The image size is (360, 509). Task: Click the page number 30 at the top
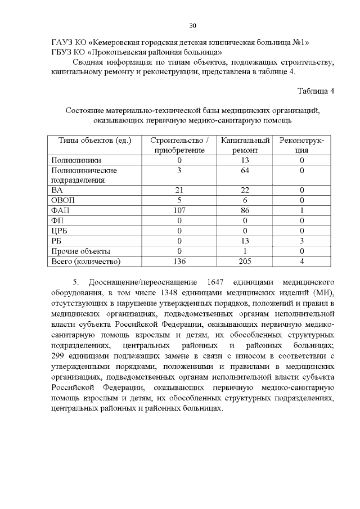pyautogui.click(x=192, y=26)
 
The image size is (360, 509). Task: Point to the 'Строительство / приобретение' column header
pyautogui.click(x=179, y=145)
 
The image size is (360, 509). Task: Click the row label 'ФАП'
pyautogui.click(x=59, y=210)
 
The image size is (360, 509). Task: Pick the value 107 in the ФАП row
pyautogui.click(x=179, y=210)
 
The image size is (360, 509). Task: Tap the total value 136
pyautogui.click(x=179, y=261)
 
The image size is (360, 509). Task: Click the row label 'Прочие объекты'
pyautogui.click(x=80, y=251)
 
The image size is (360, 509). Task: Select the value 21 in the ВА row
pyautogui.click(x=179, y=190)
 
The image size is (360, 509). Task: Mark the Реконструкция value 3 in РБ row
pyautogui.click(x=302, y=241)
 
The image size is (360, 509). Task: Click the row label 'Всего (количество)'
pyautogui.click(x=86, y=261)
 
